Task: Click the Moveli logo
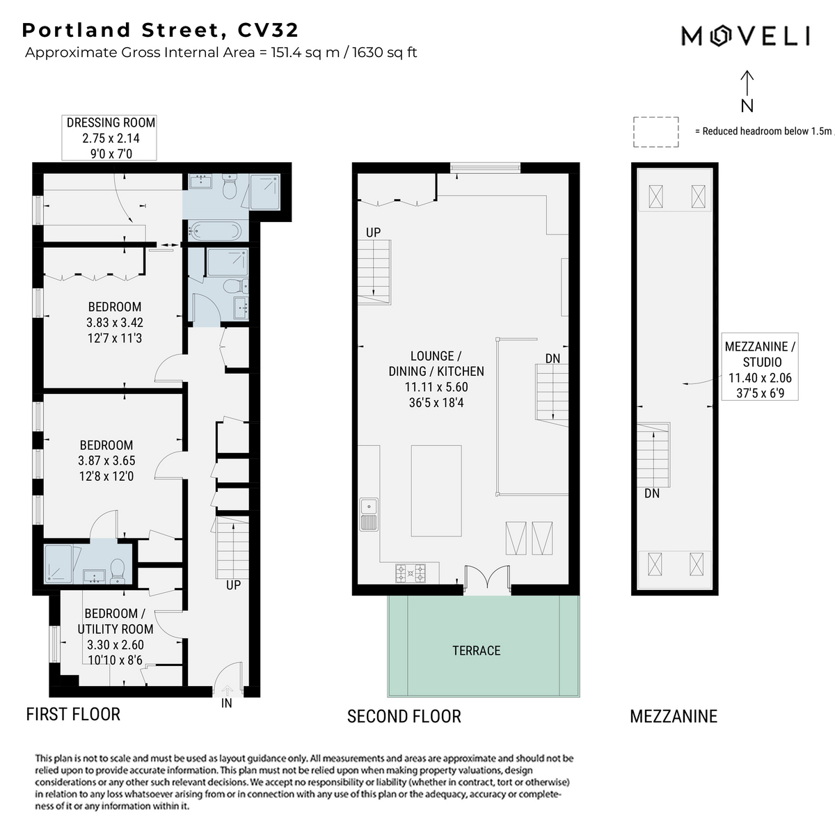tap(745, 36)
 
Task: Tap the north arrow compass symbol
tap(747, 91)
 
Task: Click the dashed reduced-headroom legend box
tap(655, 132)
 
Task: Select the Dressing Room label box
tap(109, 138)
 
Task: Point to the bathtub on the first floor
tap(215, 231)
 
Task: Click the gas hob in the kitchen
tap(411, 573)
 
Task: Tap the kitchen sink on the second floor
tap(369, 514)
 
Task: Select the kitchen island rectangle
tap(436, 491)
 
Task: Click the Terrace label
tap(476, 651)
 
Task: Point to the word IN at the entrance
tap(227, 703)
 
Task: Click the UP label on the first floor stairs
tap(233, 585)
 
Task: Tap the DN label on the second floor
tap(552, 358)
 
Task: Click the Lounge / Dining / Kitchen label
tap(436, 379)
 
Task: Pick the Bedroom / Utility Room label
tap(116, 637)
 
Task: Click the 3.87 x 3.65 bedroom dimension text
tap(106, 460)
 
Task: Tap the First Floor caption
tap(73, 714)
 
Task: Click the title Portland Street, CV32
tap(160, 31)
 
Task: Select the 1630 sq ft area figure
tap(385, 52)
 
